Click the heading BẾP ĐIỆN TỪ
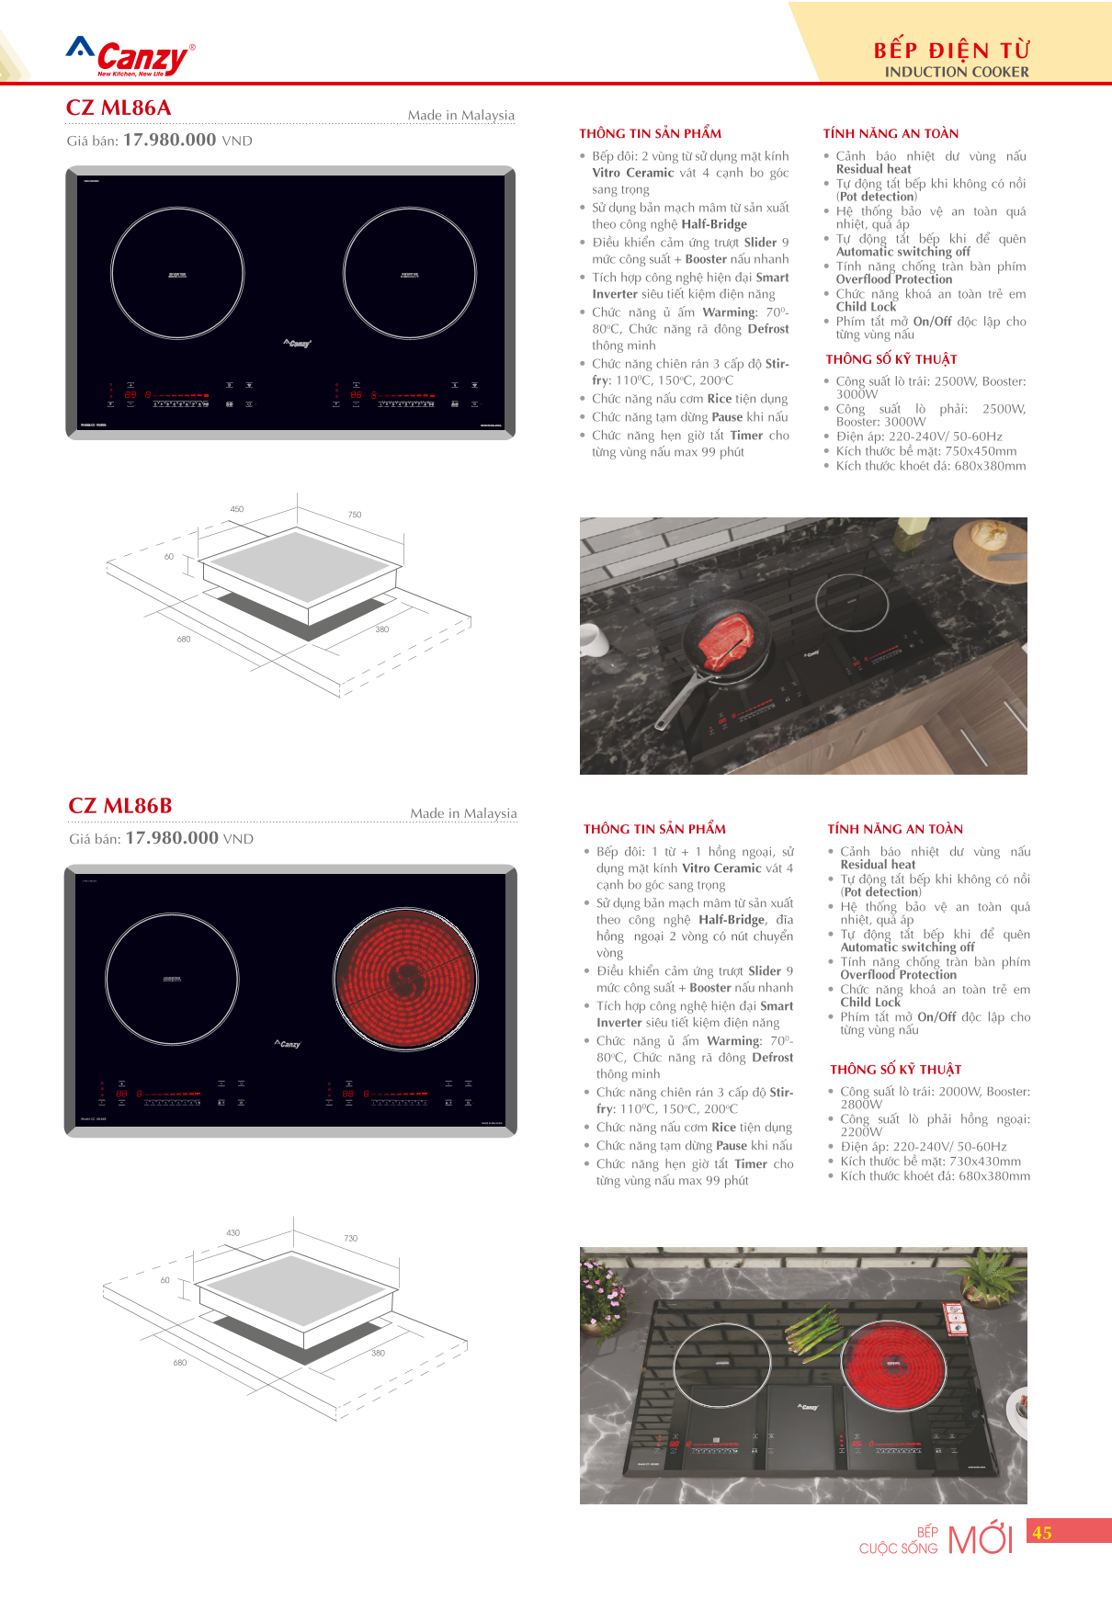tap(951, 50)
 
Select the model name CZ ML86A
tap(119, 108)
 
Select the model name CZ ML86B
tap(120, 806)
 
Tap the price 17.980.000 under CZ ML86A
tap(169, 140)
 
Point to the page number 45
tap(1042, 1532)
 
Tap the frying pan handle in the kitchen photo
tap(675, 709)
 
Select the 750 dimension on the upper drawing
tap(355, 515)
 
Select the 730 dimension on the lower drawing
tap(350, 1238)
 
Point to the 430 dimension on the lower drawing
tap(233, 1232)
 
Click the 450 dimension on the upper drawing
tap(237, 508)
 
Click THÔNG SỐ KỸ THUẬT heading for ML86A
tap(891, 359)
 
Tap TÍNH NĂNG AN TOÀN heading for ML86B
tap(895, 829)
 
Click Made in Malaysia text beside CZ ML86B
tap(463, 813)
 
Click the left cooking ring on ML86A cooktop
tap(177, 273)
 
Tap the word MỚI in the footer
tap(980, 1539)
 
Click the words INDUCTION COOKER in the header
tap(957, 72)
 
